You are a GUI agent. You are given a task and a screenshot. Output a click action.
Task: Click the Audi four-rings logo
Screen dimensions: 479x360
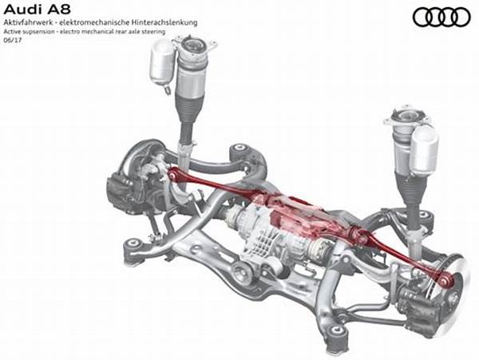pyautogui.click(x=441, y=17)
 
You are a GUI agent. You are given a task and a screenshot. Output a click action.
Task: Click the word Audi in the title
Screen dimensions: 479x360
pyautogui.click(x=22, y=10)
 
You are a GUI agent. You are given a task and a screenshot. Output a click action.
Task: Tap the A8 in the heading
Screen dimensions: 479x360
pyautogui.click(x=58, y=10)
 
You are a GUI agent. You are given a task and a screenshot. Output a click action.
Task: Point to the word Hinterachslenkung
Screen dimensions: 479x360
pyautogui.click(x=164, y=22)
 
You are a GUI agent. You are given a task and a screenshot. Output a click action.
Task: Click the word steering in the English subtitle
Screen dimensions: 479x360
pyautogui.click(x=155, y=32)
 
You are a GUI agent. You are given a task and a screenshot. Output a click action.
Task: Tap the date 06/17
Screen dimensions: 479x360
pyautogui.click(x=13, y=40)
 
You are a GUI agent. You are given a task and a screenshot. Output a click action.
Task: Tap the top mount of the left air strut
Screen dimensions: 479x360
pyautogui.click(x=194, y=45)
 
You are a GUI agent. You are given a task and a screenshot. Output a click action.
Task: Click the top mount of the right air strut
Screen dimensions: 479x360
pyautogui.click(x=407, y=117)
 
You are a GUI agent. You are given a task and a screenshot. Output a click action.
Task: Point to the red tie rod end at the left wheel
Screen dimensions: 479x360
pyautogui.click(x=172, y=175)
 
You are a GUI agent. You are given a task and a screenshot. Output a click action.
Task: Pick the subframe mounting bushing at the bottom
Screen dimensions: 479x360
pyautogui.click(x=336, y=330)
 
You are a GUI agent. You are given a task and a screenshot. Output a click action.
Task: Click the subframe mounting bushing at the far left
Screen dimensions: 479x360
pyautogui.click(x=133, y=243)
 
